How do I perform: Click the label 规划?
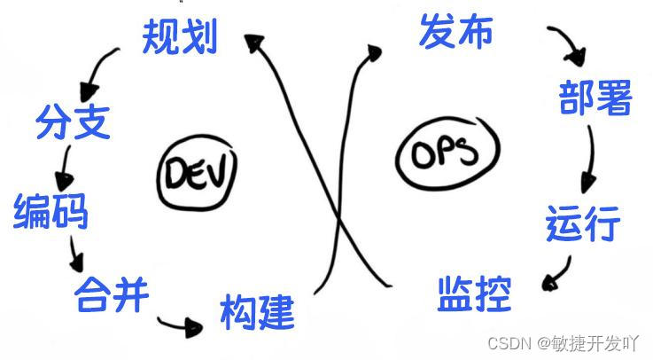coord(180,37)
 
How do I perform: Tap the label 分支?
coord(73,121)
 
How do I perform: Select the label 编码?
coord(51,211)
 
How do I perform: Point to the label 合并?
coord(111,292)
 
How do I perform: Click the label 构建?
coord(257,311)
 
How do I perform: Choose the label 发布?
coord(455,32)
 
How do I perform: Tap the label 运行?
coord(582,223)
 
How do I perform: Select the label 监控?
coord(475,293)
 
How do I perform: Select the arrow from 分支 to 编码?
coord(64,166)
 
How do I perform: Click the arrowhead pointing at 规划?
coord(256,42)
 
